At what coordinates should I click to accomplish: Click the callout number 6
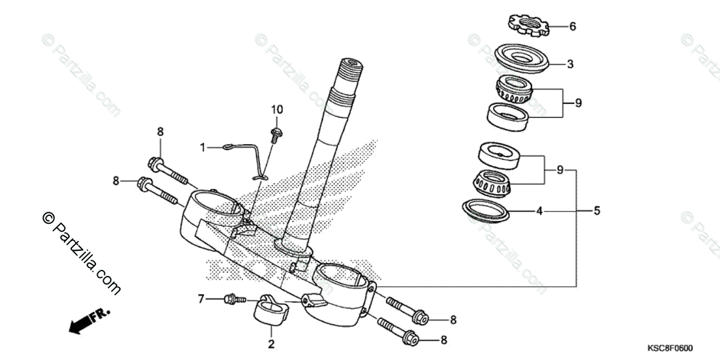(572, 26)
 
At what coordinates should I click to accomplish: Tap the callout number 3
(571, 64)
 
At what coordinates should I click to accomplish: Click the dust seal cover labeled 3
(522, 59)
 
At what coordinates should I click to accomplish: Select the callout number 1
(203, 147)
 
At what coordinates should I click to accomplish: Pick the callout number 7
(202, 298)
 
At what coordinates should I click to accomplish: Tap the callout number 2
(271, 344)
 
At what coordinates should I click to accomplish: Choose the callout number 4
(539, 211)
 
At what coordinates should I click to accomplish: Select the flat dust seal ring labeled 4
(486, 209)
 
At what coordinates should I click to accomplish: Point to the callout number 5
(596, 211)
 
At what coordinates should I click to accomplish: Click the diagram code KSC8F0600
(670, 349)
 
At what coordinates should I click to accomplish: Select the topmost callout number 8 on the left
(160, 131)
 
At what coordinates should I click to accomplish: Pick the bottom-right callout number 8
(444, 340)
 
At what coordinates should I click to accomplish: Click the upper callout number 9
(578, 103)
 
